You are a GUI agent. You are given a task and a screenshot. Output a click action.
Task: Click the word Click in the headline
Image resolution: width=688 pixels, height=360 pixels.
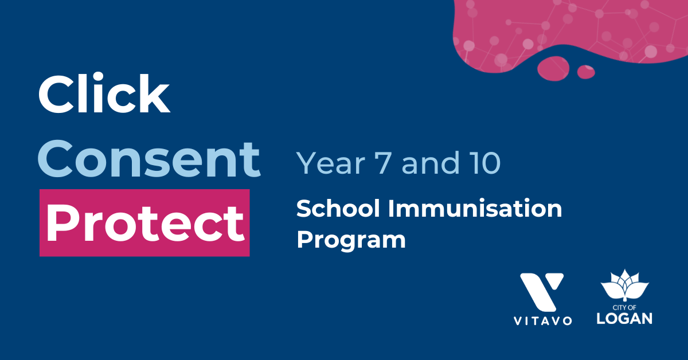pos(104,92)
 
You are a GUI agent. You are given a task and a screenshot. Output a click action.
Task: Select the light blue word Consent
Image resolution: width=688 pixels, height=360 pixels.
pos(149,158)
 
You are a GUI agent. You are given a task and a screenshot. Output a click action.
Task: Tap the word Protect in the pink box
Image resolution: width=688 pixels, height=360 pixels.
pos(145,224)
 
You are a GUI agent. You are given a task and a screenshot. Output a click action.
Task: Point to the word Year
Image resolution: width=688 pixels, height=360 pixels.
pos(330,163)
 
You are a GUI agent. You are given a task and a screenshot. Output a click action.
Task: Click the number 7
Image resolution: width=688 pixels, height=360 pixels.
pos(383,163)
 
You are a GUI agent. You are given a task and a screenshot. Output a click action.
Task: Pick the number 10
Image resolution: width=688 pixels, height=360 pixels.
pos(486,163)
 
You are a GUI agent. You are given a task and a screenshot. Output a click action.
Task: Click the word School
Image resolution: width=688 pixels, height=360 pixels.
pos(338,208)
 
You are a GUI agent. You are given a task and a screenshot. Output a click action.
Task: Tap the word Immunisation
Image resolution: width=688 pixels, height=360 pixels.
pos(475,208)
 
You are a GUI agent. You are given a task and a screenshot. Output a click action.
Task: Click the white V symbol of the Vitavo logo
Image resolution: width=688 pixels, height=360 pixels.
pos(542,292)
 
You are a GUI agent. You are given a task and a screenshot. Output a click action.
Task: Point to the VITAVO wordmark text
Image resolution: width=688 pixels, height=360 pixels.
pos(542,321)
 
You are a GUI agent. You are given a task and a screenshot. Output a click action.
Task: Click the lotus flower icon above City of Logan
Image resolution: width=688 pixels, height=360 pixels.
pos(625,285)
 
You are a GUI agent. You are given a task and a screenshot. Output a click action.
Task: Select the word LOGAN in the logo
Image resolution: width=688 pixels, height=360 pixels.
pos(624,319)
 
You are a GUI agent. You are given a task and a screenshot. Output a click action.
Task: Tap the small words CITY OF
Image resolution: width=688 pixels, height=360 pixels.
pos(624,307)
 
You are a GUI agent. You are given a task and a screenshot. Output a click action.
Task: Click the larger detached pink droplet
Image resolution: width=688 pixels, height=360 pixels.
pos(553,68)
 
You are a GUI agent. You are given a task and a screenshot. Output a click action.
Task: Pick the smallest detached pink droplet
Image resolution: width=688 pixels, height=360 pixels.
pos(586,72)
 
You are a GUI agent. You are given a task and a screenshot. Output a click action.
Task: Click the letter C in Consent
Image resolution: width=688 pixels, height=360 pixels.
pos(56,159)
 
